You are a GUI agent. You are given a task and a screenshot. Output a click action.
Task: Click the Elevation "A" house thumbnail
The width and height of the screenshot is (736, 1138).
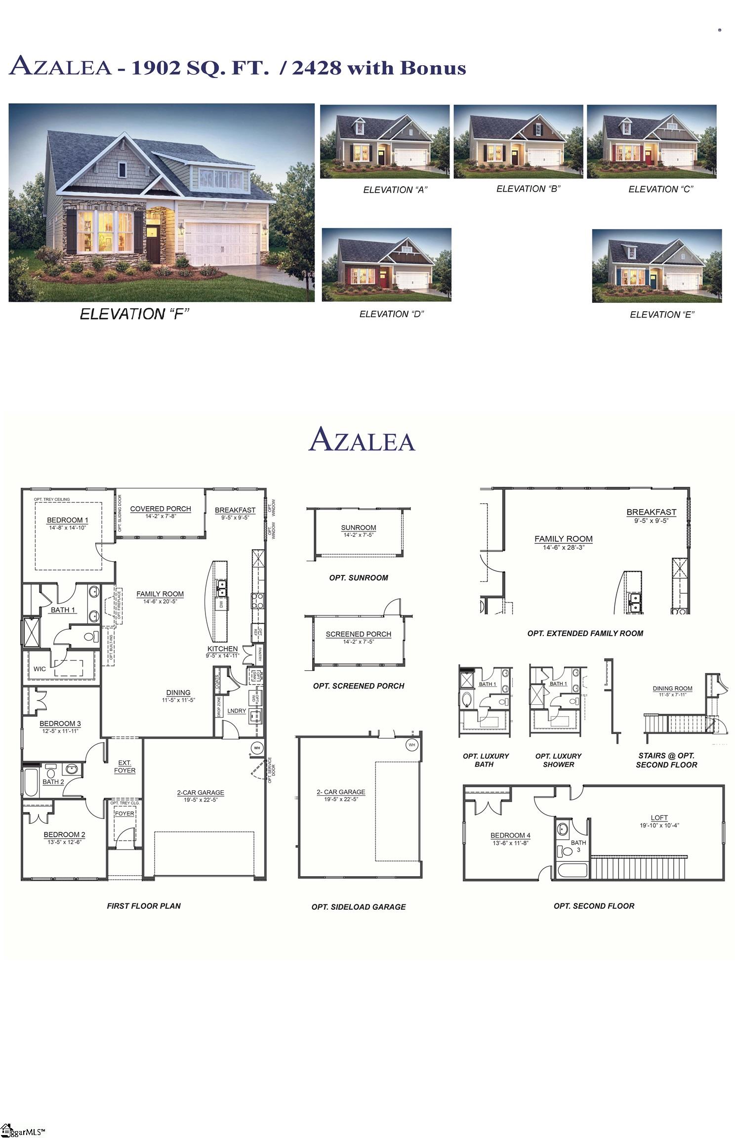385,141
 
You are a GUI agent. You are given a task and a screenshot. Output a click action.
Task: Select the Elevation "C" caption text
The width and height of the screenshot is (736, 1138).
660,189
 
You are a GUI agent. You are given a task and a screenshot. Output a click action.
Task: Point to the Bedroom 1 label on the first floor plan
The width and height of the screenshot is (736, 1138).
67,520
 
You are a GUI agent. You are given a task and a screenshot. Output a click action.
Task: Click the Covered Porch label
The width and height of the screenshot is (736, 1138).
161,509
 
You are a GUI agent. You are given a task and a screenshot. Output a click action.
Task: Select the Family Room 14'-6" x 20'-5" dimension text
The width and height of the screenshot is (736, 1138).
160,602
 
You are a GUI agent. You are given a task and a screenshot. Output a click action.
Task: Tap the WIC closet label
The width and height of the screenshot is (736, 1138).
40,669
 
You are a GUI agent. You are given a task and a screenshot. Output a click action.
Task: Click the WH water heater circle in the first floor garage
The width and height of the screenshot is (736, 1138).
257,748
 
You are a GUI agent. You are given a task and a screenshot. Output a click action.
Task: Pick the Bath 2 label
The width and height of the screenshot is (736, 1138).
53,782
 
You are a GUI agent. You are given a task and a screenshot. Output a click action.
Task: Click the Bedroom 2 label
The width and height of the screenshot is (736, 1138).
64,835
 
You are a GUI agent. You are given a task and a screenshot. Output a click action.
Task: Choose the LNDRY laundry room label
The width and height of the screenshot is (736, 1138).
237,711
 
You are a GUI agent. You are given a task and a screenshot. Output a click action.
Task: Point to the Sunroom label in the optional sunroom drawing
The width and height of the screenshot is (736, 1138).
359,528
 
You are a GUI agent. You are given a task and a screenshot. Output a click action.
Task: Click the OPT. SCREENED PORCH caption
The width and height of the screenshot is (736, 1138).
359,686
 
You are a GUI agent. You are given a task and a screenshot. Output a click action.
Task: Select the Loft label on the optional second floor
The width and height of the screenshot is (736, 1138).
659,817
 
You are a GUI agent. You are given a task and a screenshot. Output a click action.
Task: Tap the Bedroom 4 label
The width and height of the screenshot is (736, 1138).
510,835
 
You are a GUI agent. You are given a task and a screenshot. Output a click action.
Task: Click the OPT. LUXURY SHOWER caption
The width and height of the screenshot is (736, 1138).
558,760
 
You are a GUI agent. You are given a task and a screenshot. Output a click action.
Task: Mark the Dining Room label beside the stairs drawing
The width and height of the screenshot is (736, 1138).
672,688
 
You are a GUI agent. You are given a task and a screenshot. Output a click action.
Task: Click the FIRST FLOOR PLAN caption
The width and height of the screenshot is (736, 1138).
144,906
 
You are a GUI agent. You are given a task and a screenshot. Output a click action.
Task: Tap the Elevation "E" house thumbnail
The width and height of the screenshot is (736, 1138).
656,266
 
